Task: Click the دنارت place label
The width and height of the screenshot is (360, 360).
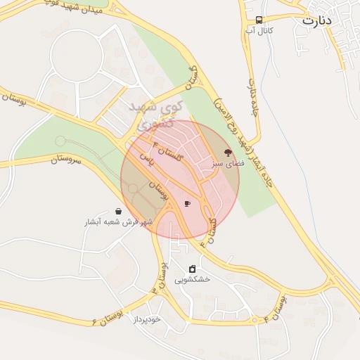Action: (x=316, y=20)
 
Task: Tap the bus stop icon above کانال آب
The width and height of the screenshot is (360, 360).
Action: (x=259, y=20)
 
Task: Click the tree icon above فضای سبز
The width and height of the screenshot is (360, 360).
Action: (x=227, y=152)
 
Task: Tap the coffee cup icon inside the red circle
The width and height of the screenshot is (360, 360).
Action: (x=187, y=204)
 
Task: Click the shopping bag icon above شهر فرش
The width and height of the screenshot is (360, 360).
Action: (x=117, y=211)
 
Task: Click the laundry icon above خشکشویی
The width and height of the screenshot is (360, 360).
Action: (x=193, y=269)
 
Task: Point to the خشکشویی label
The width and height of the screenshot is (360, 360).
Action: (x=195, y=279)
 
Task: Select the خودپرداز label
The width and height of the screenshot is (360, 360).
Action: (x=148, y=319)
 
